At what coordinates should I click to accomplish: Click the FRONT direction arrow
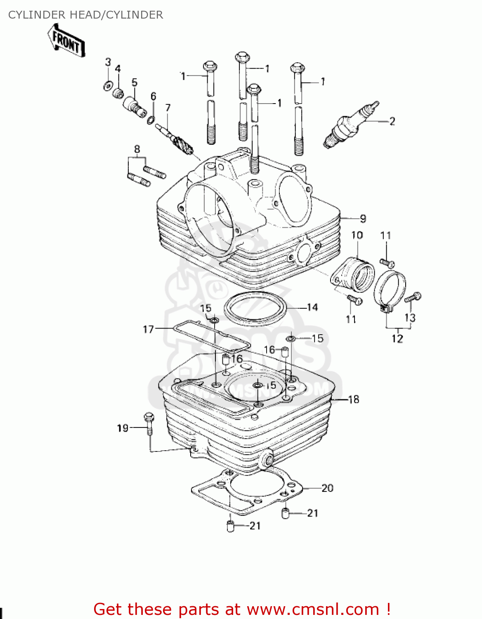coord(66,40)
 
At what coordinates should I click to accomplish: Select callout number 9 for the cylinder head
coord(363,219)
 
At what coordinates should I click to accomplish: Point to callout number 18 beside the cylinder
coord(354,399)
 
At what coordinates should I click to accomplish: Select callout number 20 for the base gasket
coord(327,488)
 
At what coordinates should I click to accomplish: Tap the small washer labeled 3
coord(107,86)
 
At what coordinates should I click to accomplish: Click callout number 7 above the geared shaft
coord(168,108)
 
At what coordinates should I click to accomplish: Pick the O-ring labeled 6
coord(151,120)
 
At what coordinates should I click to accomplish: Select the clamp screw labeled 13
coord(413,297)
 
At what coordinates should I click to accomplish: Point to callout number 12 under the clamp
coord(397,339)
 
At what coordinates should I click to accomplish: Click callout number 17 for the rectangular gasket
coord(148,329)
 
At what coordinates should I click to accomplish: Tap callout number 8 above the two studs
coord(137,149)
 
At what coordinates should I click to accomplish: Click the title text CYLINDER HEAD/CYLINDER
coord(85,15)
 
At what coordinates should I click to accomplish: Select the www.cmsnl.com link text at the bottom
coord(313,609)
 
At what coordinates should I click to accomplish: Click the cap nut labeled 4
coord(118,93)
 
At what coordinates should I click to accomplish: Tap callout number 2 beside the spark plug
coord(392,121)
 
